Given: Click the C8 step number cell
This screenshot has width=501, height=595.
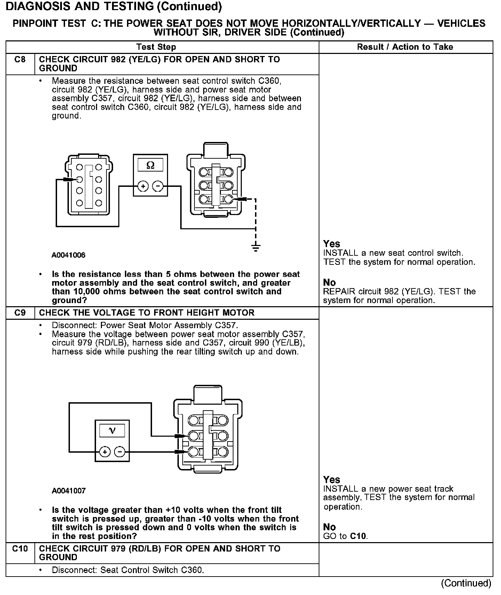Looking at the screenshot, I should pos(20,60).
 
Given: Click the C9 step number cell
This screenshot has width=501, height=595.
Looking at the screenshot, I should pos(20,313).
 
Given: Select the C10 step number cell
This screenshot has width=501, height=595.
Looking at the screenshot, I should pos(20,549).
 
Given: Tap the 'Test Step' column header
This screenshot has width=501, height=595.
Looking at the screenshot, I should pos(156,47).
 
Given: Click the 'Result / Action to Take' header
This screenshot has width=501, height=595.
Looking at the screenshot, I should pos(405,47).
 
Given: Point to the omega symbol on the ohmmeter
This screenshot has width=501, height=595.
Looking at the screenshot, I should pos(150,165).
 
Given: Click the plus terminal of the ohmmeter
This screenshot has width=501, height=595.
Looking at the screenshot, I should pos(143,187).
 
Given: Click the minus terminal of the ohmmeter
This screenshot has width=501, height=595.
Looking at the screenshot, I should pos(158,187).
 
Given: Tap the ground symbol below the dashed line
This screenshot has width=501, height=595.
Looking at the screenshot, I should pos(256,247).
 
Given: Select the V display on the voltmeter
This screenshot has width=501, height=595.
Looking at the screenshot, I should pos(112,431).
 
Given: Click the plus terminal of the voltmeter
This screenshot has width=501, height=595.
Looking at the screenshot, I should pos(104,452).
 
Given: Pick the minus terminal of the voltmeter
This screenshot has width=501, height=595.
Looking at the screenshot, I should pos(120,452).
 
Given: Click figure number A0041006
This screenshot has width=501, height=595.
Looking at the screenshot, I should pos(69,255).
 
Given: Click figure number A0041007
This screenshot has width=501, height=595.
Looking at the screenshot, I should pos(69,491).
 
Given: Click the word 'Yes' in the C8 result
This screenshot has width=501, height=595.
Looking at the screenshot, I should pos(332,244).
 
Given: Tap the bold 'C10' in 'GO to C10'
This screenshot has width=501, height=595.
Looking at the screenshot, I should pos(358,536).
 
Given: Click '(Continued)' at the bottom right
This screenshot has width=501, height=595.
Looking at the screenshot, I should pos(466,583).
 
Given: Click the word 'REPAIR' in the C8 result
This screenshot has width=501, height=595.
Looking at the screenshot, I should pos(338,292).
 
